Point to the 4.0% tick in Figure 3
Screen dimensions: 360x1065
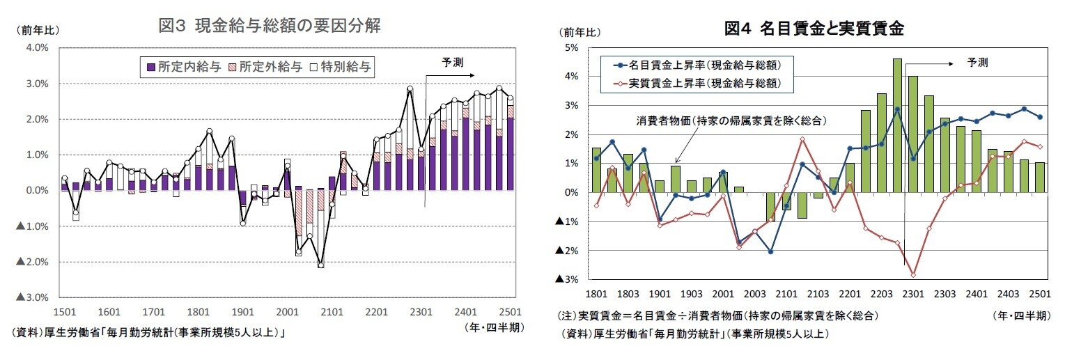pos(36,48)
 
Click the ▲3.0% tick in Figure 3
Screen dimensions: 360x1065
pos(33,298)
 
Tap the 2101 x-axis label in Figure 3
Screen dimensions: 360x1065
pos(333,312)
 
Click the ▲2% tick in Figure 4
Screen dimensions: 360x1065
pos(568,251)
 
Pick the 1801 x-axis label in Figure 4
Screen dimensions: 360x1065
pos(596,294)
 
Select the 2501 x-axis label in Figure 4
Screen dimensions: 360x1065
pos(1039,294)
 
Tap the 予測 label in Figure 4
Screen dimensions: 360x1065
pos(977,63)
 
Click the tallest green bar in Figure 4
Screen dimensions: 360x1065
pos(897,125)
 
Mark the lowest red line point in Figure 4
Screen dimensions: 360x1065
pos(913,275)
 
